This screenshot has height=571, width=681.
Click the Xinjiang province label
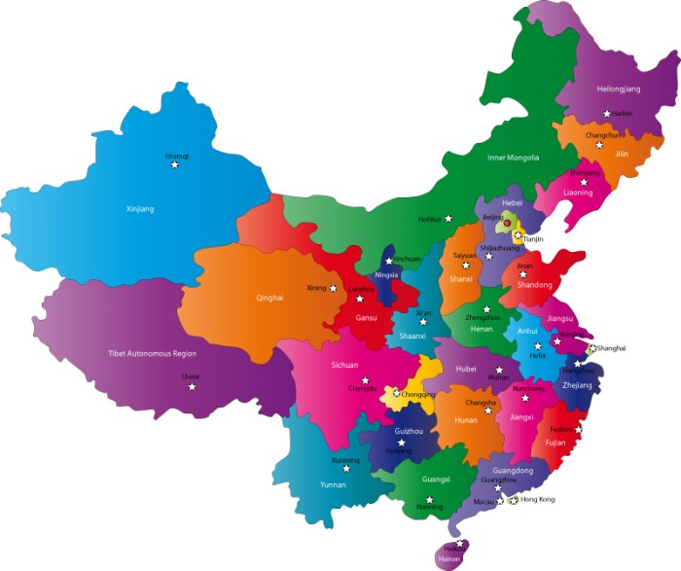point(140,208)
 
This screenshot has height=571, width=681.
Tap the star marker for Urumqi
point(175,165)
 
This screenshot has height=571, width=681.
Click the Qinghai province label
point(269,298)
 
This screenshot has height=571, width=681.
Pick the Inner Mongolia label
point(513,158)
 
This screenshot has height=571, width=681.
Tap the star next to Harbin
point(606,114)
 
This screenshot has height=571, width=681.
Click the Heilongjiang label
point(619,89)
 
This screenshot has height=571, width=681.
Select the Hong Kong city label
point(538,499)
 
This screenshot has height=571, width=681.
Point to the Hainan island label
point(449,561)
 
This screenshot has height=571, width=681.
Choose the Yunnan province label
point(333,483)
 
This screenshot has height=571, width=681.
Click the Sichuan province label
point(345,365)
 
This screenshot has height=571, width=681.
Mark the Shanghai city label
point(612,347)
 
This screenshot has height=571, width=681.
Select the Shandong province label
point(535,285)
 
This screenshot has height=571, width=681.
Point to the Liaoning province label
point(578,193)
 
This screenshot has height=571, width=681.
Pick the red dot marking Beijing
point(507,222)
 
